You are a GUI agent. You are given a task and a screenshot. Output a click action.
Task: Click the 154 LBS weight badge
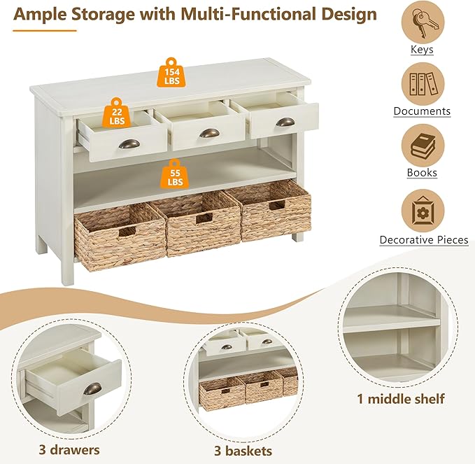172,73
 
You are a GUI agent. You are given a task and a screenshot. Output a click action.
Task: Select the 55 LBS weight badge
174,176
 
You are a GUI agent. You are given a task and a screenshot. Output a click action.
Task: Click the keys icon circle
422,23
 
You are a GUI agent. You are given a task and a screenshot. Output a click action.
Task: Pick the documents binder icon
422,85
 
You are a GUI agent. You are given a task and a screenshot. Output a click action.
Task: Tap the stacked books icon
422,146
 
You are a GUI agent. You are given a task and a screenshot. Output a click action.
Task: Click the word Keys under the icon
422,50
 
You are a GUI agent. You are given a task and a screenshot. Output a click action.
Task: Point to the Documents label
422,111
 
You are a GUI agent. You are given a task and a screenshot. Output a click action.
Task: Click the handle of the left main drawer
129,143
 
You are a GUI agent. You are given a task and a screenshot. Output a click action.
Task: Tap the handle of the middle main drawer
208,133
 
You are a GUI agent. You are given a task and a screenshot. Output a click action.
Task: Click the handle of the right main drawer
285,122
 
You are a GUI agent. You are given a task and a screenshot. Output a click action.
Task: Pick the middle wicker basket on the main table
197,223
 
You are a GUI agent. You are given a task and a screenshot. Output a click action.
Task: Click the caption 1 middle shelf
400,400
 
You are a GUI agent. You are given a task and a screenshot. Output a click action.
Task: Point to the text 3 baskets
243,451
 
